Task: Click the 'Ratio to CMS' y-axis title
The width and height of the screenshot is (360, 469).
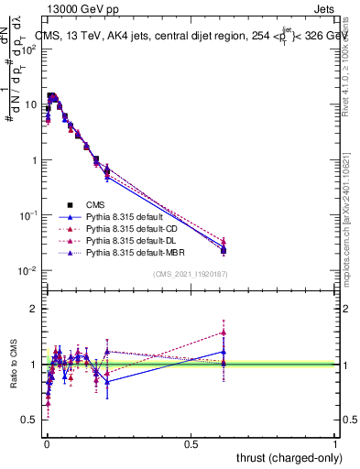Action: pyautogui.click(x=12, y=364)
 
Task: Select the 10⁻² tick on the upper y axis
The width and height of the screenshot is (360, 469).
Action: pyautogui.click(x=27, y=270)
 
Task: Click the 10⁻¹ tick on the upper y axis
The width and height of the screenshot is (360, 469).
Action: pyautogui.click(x=27, y=215)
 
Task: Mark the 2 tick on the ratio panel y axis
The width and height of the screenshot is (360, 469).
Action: pyautogui.click(x=35, y=309)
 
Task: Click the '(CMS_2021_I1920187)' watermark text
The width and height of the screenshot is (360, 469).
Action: pyautogui.click(x=190, y=274)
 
